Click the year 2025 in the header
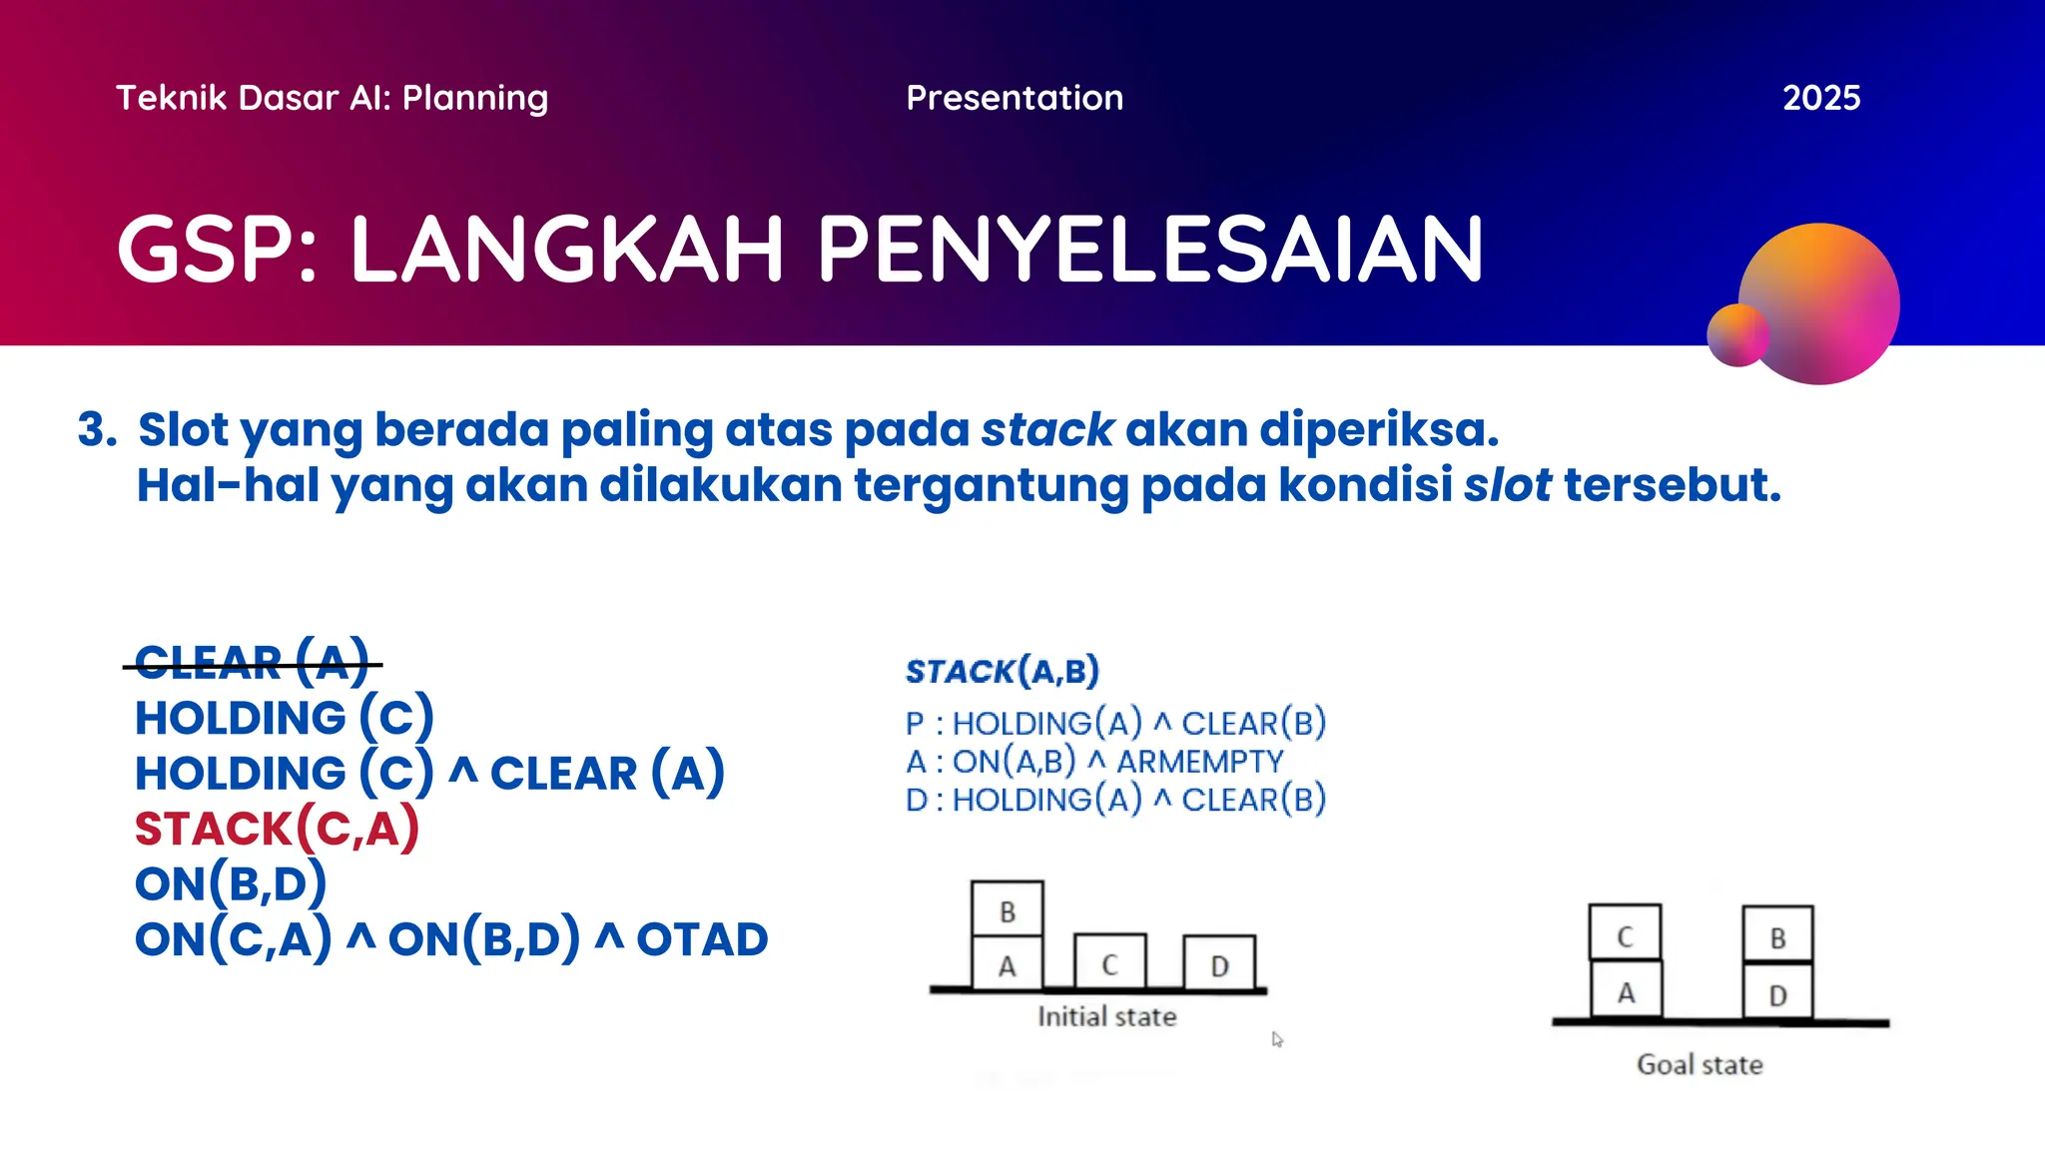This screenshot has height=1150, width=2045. [1820, 98]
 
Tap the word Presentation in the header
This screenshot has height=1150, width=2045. [1015, 98]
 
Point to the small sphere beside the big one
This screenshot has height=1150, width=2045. [1736, 335]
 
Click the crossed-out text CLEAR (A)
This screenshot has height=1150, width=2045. [252, 663]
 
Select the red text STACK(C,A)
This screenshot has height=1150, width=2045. [277, 829]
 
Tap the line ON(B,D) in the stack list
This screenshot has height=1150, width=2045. [231, 883]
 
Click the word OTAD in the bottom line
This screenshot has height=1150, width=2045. [702, 939]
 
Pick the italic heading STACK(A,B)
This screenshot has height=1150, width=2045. [1002, 671]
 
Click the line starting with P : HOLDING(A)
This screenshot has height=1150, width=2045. [1115, 723]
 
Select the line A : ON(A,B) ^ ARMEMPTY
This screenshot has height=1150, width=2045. [1094, 762]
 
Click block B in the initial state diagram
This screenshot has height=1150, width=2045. [1007, 910]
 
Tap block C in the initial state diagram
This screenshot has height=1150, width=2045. [1109, 964]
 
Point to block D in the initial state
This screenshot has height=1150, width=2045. [1219, 965]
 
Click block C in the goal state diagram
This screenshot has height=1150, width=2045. [1625, 935]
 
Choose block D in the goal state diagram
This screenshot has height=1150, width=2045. [1777, 994]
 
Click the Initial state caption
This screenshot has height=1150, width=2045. [1106, 1017]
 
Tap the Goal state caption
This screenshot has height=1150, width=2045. [1700, 1065]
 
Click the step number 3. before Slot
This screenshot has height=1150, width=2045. [97, 430]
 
